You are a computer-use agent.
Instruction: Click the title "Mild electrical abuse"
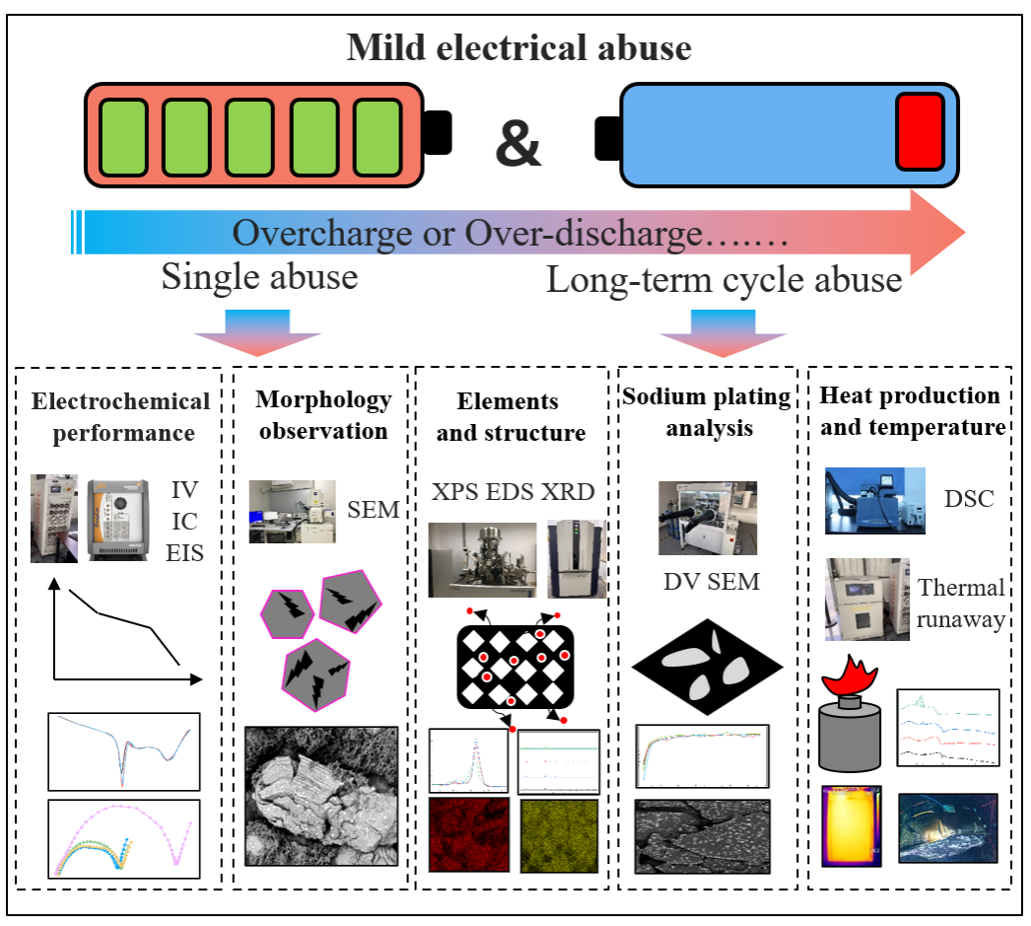[x=518, y=47]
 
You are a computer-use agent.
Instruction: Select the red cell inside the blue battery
[x=919, y=132]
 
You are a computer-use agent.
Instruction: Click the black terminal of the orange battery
[x=437, y=133]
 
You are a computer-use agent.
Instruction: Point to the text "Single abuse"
[x=259, y=277]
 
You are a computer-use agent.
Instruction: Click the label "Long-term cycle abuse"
[x=724, y=280]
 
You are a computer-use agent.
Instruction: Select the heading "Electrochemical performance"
[x=120, y=417]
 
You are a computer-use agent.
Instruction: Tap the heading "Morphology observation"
[x=322, y=415]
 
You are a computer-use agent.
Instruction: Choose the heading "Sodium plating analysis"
[x=706, y=412]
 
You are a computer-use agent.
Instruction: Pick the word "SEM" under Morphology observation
[x=375, y=509]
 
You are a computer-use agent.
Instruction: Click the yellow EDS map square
[x=559, y=834]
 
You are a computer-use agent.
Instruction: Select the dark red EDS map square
[x=468, y=834]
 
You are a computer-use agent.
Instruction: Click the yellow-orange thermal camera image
[x=851, y=825]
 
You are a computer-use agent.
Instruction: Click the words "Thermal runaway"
[x=960, y=604]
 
